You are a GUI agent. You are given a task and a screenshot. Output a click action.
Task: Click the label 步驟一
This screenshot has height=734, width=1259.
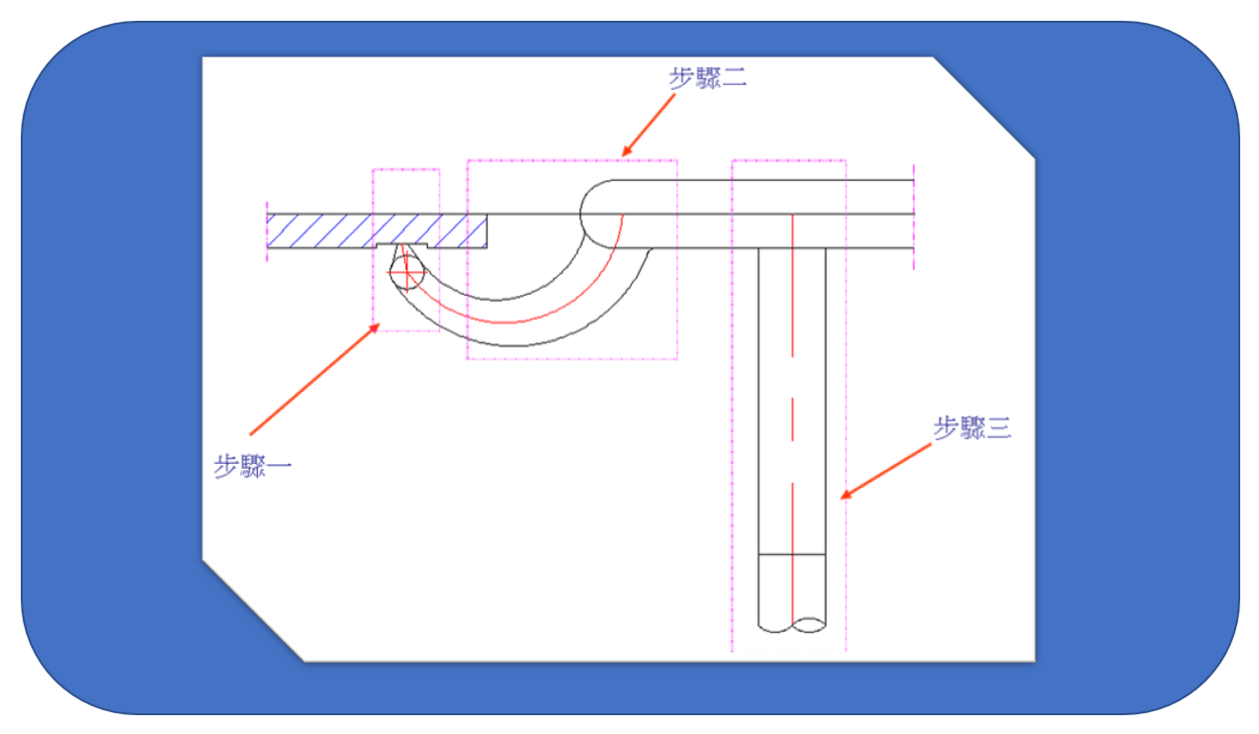[252, 466]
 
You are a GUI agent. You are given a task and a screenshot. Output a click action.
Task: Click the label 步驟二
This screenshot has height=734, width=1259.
[707, 78]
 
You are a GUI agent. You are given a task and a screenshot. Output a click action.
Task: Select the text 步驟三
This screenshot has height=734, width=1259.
[972, 428]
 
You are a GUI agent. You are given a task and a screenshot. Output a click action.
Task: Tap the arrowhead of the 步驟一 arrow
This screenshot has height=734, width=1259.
[377, 326]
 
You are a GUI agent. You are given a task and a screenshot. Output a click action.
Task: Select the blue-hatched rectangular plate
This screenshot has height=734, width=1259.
[376, 229]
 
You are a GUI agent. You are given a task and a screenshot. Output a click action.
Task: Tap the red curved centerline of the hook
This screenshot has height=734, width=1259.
[514, 321]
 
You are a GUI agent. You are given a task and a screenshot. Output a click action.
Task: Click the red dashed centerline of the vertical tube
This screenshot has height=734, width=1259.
[792, 396]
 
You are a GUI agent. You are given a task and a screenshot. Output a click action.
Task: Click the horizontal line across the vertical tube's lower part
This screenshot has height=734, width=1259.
[791, 555]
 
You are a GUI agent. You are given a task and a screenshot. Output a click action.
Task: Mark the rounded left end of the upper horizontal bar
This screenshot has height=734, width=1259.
[584, 212]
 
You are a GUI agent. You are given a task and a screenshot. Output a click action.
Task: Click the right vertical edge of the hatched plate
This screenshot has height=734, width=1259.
[487, 230]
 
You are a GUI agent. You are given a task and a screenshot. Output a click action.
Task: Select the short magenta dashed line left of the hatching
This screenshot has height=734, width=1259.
[267, 230]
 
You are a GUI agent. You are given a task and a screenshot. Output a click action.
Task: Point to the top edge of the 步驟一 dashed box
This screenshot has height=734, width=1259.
[405, 169]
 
